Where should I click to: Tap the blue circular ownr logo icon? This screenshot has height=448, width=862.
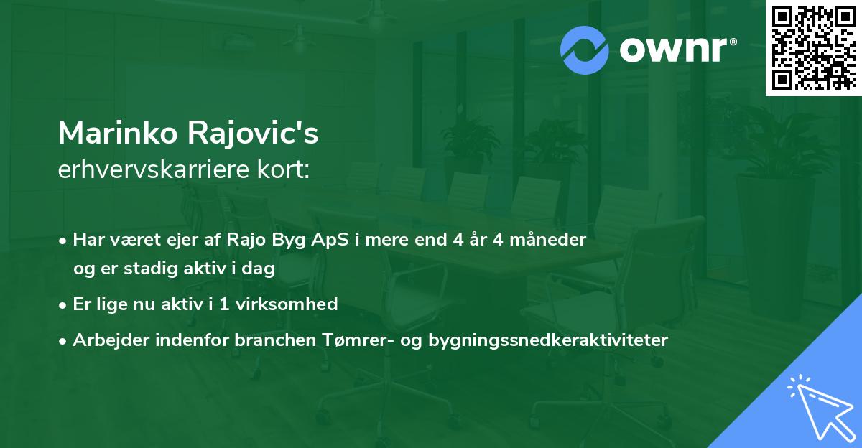[x=584, y=50]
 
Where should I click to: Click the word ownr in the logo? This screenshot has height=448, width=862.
[x=675, y=50]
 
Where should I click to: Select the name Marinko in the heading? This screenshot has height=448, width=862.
[x=119, y=134]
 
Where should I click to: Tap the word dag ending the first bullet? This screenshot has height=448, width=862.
[x=261, y=269]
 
